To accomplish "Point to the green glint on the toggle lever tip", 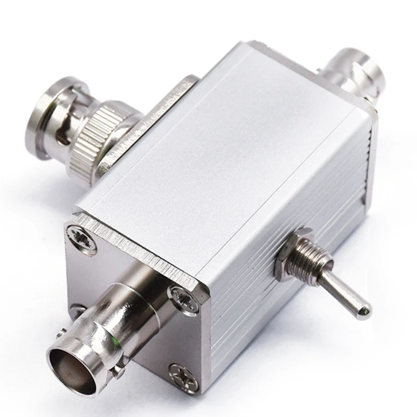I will pyautogui.click(x=368, y=310).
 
